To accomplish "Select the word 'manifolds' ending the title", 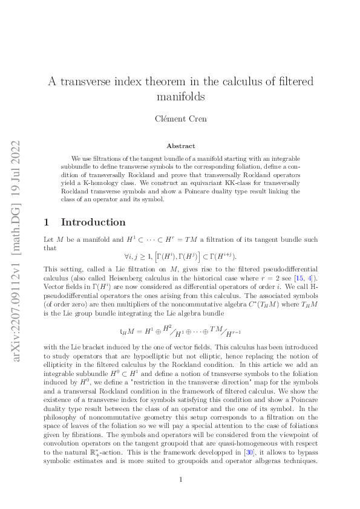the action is [x=180, y=97].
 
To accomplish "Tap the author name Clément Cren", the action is [x=180, y=118].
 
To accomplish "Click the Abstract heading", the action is [x=180, y=146].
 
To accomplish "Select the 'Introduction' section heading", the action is [x=94, y=222].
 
